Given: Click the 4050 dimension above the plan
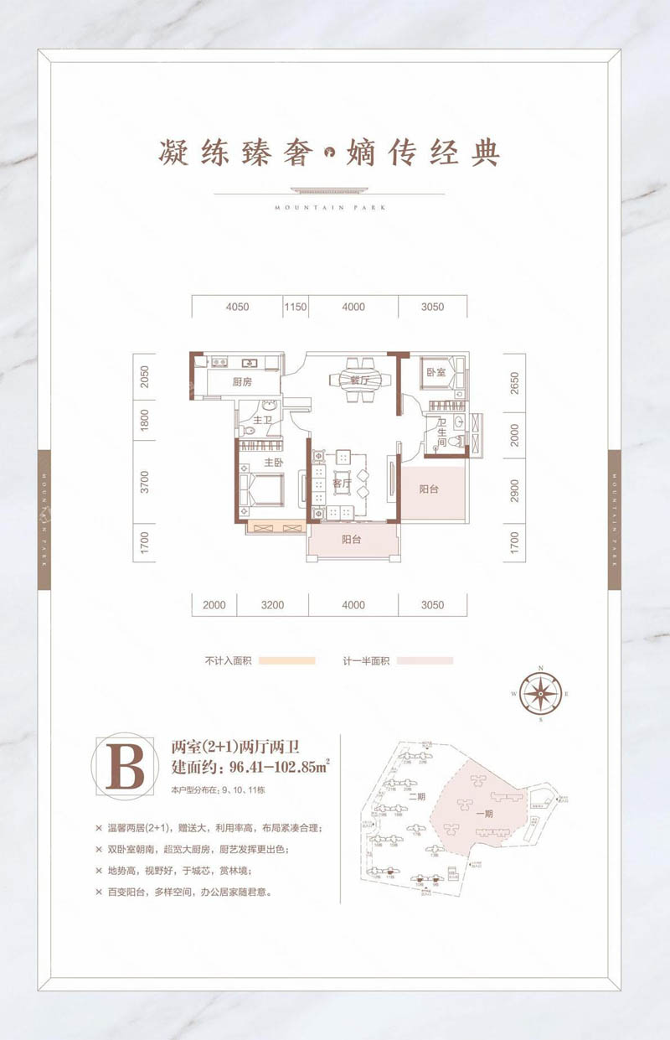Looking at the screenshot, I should pos(237,308).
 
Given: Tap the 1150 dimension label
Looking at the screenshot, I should pos(296,308).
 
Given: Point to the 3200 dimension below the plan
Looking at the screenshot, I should pos(272,605).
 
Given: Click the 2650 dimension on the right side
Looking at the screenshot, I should pos(514,382).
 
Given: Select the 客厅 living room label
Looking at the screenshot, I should pos(342,484).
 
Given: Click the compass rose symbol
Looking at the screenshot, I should pos(540,693).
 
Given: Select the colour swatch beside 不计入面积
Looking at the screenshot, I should pos(286,660).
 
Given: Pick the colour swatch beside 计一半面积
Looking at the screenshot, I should pos(425,660).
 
